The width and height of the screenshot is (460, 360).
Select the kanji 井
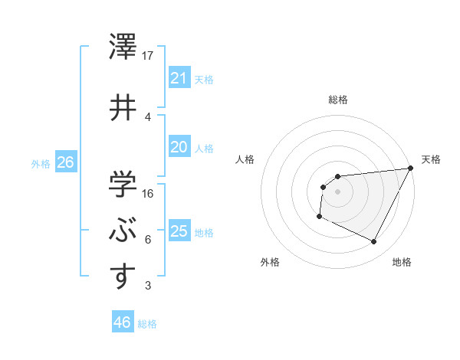122,106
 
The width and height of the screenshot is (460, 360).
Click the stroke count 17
149,55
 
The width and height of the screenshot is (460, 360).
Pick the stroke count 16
149,193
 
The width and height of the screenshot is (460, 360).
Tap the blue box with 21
179,77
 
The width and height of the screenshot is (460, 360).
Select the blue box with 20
179,147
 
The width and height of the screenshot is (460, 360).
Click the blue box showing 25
179,231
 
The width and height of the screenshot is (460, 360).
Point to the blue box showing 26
65,162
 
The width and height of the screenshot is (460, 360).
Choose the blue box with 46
122,322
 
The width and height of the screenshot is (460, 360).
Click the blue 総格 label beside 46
147,324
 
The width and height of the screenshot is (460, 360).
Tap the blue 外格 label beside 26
41,163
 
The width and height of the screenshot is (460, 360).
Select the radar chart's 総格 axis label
337,100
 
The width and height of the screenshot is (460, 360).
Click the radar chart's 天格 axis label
431,159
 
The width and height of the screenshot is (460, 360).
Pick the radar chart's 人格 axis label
245,159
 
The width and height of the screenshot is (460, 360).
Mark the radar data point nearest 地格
374,242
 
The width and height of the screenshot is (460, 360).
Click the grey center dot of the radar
337,191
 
